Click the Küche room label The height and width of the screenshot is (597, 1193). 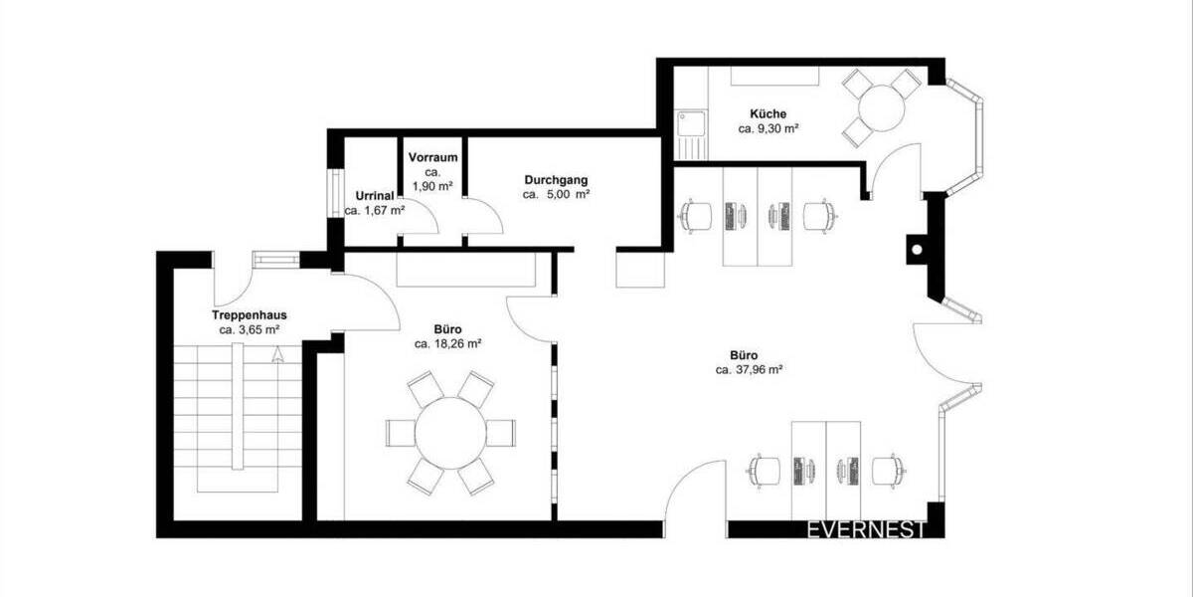[769, 113]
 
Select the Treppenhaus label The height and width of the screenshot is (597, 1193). [248, 314]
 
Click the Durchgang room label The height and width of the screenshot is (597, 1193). [556, 180]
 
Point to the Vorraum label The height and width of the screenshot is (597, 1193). [433, 157]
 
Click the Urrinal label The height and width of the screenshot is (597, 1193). [374, 195]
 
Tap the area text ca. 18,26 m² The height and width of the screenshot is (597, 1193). [447, 343]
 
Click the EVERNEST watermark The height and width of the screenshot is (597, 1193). [866, 529]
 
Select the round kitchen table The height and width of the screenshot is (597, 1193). [881, 104]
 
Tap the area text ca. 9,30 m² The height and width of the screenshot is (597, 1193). [769, 129]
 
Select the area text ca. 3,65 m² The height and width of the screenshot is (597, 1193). [249, 329]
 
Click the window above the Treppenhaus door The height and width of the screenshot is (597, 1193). [275, 259]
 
